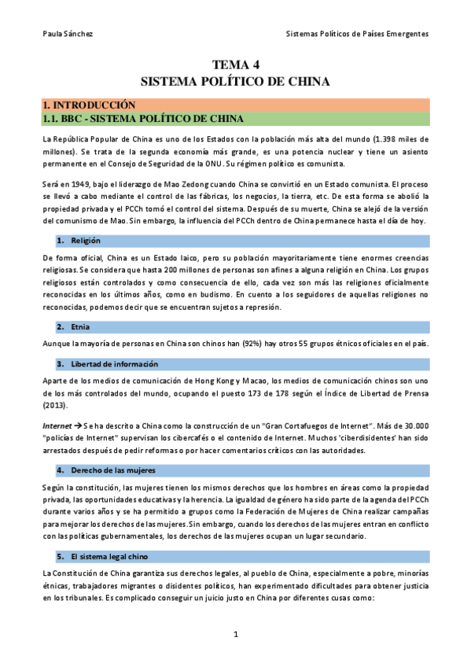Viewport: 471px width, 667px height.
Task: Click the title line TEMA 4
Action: [235, 64]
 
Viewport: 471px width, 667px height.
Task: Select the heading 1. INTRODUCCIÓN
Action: [89, 105]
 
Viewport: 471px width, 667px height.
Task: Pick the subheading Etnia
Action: [80, 326]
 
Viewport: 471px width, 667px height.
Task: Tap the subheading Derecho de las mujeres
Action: [113, 470]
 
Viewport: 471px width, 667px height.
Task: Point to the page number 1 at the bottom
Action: [235, 634]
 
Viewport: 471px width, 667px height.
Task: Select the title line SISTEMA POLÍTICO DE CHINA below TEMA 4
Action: [235, 81]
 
